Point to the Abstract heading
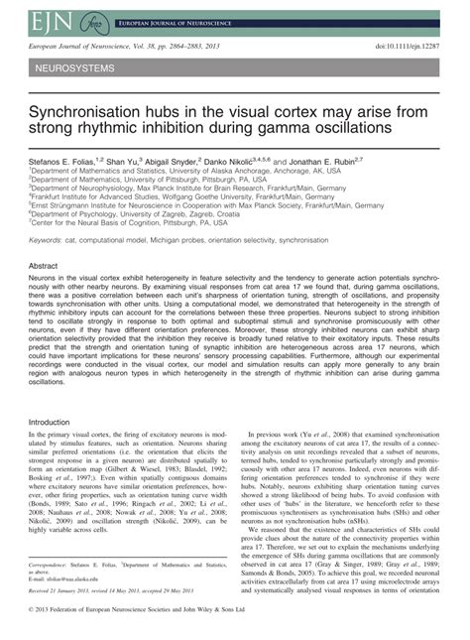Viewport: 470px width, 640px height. (x=44, y=267)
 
